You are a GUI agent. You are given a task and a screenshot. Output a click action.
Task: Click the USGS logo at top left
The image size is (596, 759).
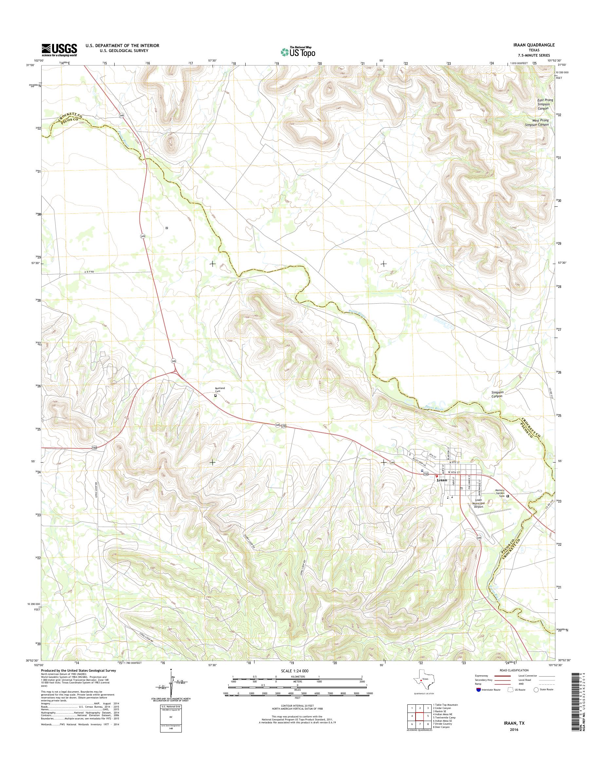[x=59, y=49]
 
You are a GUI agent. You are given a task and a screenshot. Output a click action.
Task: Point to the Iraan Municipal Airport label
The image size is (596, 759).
[x=477, y=503]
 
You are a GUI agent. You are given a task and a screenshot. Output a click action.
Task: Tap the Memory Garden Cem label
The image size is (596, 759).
[x=500, y=493]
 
